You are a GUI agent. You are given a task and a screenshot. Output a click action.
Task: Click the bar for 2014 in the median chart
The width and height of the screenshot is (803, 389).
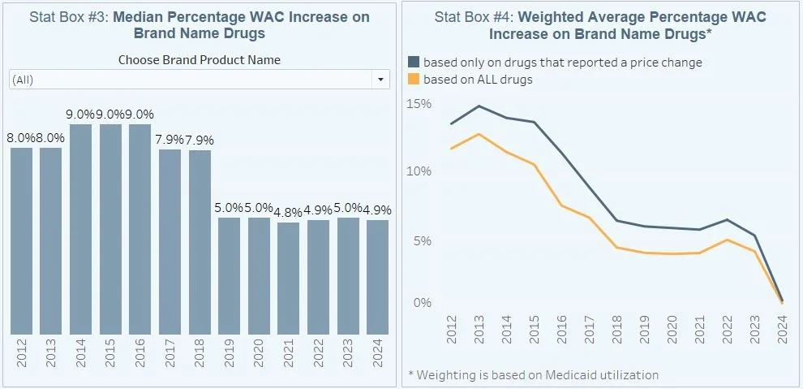[81, 229]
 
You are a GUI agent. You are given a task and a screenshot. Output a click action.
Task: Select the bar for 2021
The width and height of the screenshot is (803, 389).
[289, 278]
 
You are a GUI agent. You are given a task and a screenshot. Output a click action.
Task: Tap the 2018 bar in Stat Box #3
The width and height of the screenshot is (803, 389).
[200, 242]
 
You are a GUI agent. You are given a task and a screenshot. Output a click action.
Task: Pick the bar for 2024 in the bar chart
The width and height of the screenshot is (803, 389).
[377, 277]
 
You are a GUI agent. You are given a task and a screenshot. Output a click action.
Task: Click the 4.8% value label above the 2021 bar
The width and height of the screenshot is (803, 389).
[289, 212]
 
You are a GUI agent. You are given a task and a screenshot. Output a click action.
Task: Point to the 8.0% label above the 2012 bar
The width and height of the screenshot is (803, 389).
[22, 137]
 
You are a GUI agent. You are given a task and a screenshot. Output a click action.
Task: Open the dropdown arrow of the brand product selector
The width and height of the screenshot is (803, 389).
[380, 80]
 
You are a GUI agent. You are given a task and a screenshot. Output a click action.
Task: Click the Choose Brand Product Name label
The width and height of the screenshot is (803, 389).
[200, 60]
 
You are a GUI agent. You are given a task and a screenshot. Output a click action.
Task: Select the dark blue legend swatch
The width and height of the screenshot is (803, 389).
[414, 63]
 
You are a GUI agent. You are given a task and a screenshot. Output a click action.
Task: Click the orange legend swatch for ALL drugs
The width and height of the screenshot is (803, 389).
[414, 80]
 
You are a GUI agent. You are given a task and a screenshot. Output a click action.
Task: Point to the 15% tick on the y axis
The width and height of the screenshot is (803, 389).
[419, 104]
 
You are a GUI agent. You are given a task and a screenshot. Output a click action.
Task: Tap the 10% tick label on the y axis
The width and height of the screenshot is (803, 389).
[419, 171]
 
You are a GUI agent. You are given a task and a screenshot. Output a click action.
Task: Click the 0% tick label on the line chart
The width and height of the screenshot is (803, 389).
[423, 303]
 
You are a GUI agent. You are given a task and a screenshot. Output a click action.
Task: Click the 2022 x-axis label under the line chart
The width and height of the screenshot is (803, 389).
[753, 331]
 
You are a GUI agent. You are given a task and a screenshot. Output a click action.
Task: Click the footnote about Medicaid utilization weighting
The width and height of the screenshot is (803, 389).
[534, 374]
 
